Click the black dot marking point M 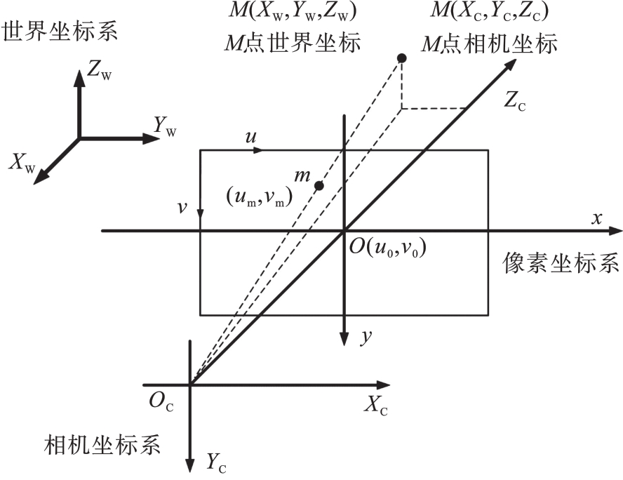tap(402, 58)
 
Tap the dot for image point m tap(319, 185)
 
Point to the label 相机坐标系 tap(103, 445)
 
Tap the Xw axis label tap(22, 162)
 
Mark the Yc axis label tap(216, 461)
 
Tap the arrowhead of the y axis tap(344, 340)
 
